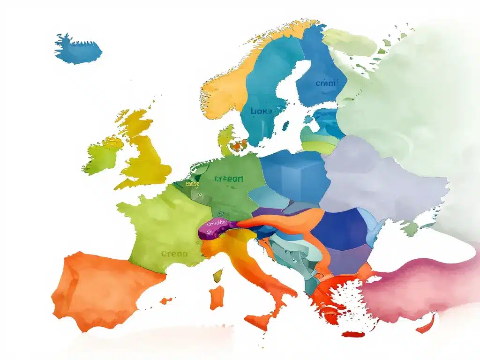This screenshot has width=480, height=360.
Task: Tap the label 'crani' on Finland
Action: (x=326, y=83)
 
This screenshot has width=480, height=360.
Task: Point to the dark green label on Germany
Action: (x=229, y=179)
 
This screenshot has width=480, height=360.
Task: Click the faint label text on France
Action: (x=174, y=254)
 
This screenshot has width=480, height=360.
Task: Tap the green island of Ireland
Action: (x=102, y=157)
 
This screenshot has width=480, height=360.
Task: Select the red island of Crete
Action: (x=353, y=334)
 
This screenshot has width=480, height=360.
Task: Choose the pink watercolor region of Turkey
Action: (x=412, y=286)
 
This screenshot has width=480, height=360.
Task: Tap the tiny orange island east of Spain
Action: (x=165, y=300)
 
